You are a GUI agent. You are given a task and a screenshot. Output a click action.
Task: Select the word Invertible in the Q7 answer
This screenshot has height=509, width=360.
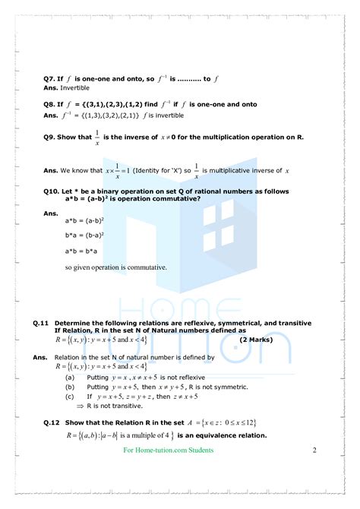coord(75,87)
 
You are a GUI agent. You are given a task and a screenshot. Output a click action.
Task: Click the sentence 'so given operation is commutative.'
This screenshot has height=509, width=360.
coord(115,267)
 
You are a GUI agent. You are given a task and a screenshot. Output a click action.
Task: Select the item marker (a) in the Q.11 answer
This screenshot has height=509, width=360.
coord(70,377)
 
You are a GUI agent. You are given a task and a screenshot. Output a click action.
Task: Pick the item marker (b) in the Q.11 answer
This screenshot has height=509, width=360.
coord(70,387)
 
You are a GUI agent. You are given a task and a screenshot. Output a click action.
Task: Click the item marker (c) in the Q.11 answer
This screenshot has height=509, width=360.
coord(70,396)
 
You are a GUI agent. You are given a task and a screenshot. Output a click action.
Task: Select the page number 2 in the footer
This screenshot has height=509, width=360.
coord(314,451)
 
